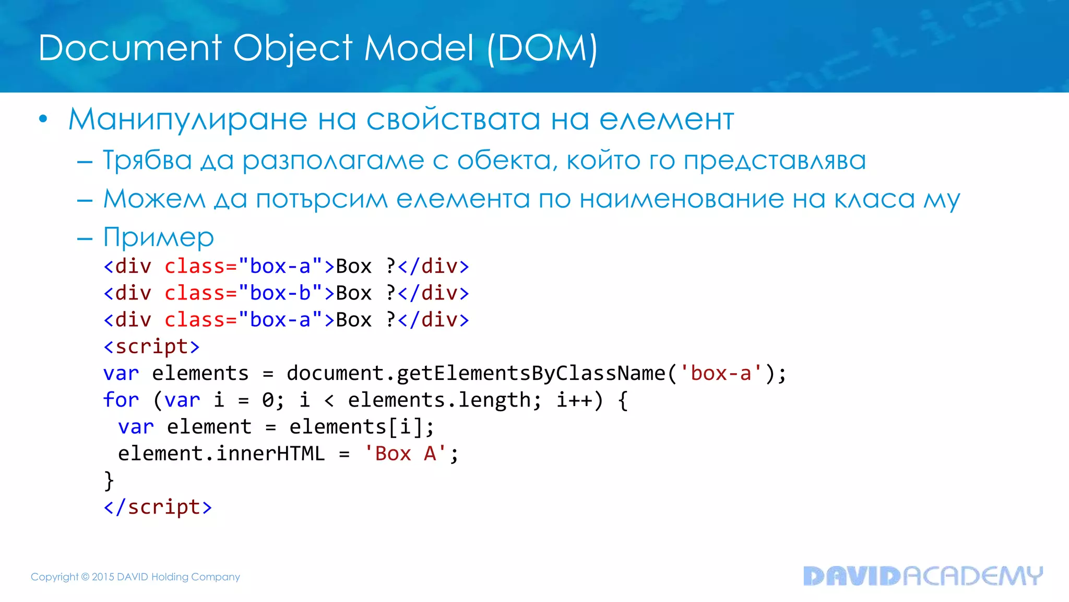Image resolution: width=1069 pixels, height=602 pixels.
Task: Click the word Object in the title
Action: coord(292,49)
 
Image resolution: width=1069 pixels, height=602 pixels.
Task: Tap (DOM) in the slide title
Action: coord(542,49)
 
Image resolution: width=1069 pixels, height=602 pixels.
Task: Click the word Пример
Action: coord(159,238)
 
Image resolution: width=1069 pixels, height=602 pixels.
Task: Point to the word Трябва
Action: coord(148,160)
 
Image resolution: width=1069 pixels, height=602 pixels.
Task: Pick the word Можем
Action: coord(155,199)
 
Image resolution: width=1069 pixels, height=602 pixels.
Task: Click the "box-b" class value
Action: coord(280,293)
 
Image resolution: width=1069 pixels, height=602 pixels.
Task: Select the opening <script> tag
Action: coord(151,346)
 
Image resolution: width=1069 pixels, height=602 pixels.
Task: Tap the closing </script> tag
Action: coord(158,507)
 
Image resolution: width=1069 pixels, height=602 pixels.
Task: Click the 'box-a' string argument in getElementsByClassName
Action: coord(721,373)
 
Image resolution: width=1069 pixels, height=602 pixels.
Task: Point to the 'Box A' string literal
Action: coord(405,454)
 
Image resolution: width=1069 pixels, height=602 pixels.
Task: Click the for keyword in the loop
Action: coord(121,400)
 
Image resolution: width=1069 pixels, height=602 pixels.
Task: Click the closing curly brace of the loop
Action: coord(109,480)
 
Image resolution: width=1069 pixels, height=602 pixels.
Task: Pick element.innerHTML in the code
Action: coord(221,454)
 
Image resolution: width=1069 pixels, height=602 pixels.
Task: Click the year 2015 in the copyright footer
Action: coord(103,577)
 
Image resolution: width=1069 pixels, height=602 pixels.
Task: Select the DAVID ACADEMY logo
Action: coord(923,576)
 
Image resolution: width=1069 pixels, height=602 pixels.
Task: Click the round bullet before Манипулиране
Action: coord(43,120)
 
